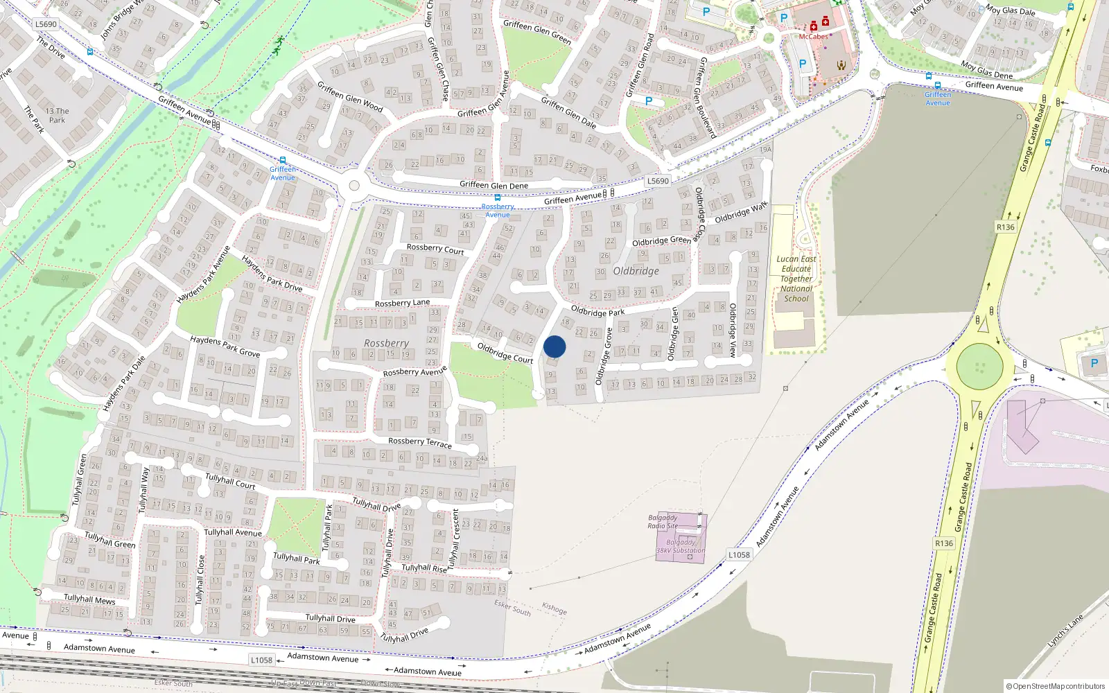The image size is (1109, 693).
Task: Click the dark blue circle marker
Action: (x=554, y=346)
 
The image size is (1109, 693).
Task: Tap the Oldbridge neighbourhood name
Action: (x=636, y=271)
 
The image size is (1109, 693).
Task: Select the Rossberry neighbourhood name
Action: (x=386, y=343)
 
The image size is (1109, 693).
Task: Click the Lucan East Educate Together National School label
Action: (x=796, y=279)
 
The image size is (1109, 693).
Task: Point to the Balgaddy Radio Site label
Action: (x=663, y=522)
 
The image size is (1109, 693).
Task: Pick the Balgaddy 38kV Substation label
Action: (x=681, y=547)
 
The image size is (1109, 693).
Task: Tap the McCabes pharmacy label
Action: (x=813, y=37)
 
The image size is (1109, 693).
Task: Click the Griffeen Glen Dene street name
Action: (x=494, y=185)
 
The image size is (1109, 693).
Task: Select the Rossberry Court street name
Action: (x=435, y=248)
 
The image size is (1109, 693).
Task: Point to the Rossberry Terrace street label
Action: (x=419, y=441)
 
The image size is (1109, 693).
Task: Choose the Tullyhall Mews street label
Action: (x=89, y=599)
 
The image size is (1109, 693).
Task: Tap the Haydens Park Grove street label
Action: (x=225, y=346)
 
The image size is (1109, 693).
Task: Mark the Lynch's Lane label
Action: (x=1065, y=631)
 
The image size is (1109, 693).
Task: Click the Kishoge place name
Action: (x=554, y=608)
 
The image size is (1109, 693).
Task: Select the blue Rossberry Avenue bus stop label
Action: (x=498, y=211)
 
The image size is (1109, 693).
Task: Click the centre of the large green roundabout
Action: (x=979, y=367)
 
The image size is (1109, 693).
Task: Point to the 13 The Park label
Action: (x=57, y=115)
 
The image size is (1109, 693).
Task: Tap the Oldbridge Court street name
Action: (x=505, y=353)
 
